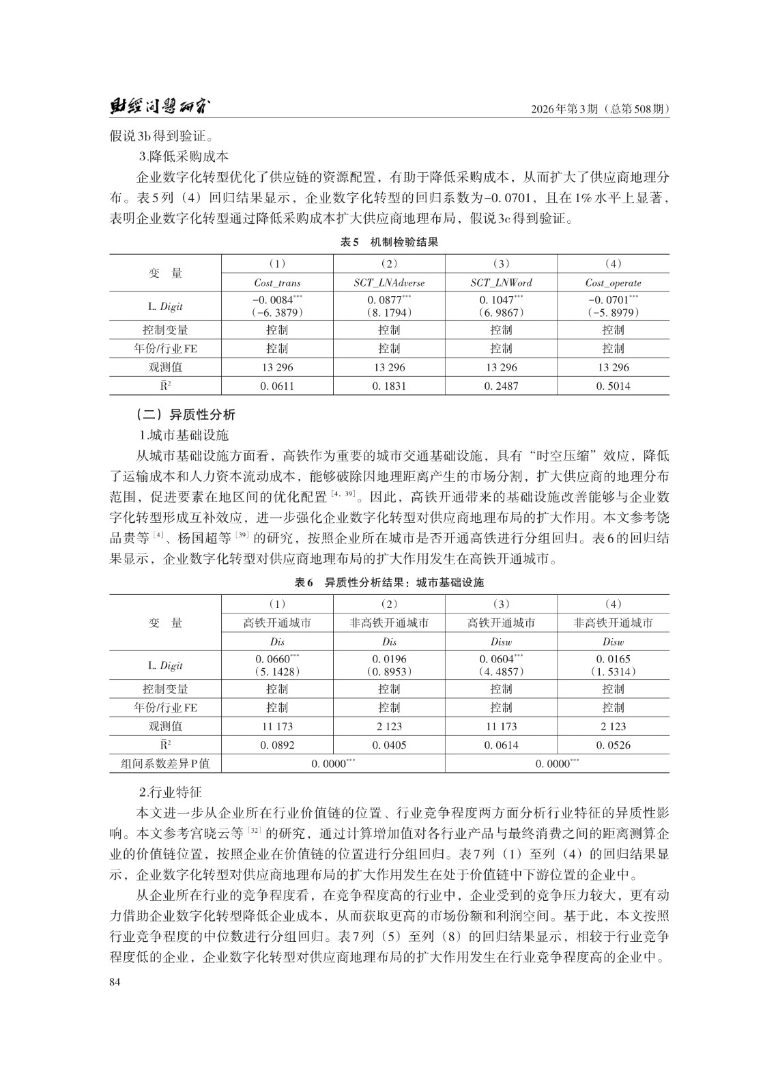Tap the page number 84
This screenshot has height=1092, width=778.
coord(115,981)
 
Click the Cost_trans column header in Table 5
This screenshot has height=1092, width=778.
coord(277,283)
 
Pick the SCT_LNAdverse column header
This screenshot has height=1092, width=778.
coord(389,283)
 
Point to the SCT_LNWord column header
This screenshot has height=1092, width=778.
coord(501,283)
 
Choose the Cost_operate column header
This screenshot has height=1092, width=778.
coord(613,283)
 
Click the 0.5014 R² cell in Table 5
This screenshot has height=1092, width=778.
coord(613,386)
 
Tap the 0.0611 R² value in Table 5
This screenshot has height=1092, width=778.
coord(277,386)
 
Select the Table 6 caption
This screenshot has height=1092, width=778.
coord(389,582)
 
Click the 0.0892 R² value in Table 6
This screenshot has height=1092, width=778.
coord(277,745)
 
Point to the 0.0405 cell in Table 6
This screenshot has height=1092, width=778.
coord(389,745)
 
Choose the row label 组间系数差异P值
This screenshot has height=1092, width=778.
coord(166,764)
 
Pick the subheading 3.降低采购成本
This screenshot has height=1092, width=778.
coord(184,156)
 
